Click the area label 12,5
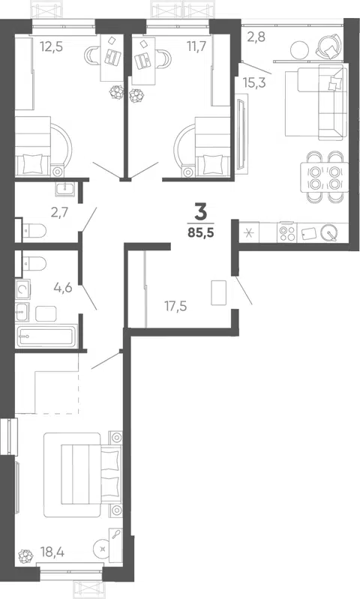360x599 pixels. [x=51, y=46]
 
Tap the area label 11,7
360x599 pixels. [x=196, y=46]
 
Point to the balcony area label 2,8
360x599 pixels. [x=256, y=37]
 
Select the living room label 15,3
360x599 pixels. [x=254, y=82]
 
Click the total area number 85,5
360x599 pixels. [x=201, y=232]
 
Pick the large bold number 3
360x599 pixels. [x=201, y=212]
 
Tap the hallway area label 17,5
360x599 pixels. [x=175, y=306]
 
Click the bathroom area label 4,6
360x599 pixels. [x=63, y=287]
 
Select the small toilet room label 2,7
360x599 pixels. [x=61, y=212]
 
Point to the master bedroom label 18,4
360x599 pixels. [x=52, y=552]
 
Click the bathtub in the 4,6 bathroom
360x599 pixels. [x=46, y=336]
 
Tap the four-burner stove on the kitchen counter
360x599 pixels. [x=288, y=232]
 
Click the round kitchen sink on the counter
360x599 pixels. [x=329, y=232]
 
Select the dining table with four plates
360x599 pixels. [x=325, y=177]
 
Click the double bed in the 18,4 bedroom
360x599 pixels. [x=82, y=474]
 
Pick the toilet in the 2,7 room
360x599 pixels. [x=34, y=230]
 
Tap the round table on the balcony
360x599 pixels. [x=299, y=49]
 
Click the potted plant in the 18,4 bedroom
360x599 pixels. [x=25, y=556]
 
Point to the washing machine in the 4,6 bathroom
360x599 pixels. [x=23, y=290]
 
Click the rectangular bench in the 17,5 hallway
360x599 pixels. [x=219, y=292]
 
